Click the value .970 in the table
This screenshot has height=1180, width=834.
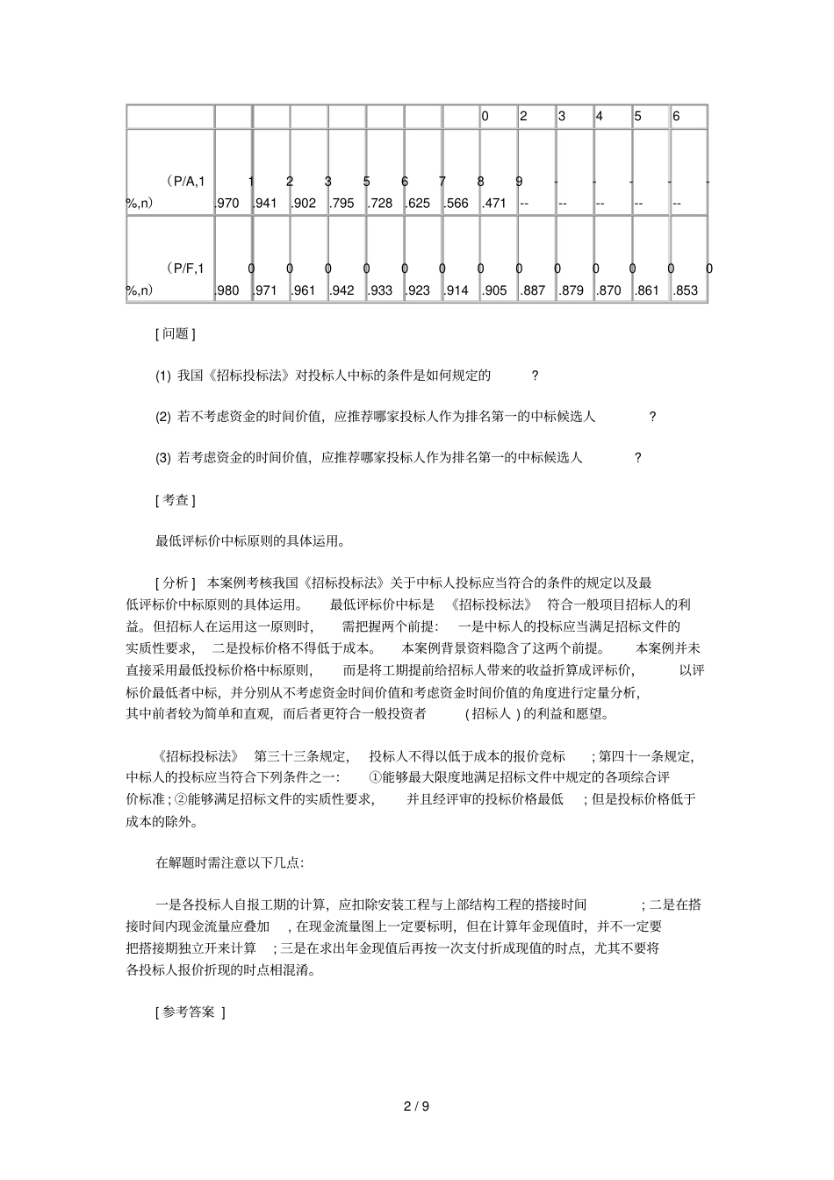(227, 204)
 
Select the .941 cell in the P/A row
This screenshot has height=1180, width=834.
(266, 204)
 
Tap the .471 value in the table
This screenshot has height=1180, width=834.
(495, 204)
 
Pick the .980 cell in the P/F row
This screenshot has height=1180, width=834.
(227, 290)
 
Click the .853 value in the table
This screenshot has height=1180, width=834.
(687, 290)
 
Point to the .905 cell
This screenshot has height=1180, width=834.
(495, 290)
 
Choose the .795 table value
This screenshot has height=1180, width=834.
(342, 204)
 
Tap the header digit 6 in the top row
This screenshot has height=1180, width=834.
(676, 116)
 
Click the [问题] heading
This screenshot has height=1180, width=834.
(175, 333)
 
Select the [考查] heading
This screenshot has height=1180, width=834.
(175, 500)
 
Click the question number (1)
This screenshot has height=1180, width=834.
(163, 375)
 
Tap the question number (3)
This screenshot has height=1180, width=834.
(163, 457)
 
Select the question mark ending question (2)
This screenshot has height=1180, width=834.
(652, 417)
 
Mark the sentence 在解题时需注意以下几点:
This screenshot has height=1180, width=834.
(230, 862)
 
